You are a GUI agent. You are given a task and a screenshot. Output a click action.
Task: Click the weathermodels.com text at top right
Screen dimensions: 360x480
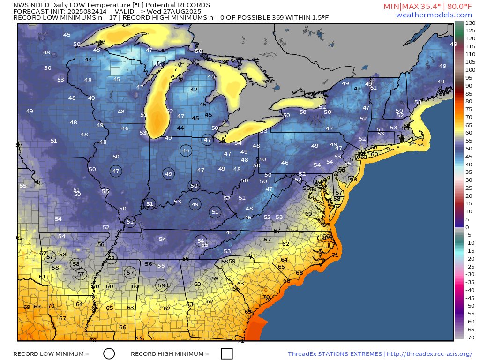coord(434,15)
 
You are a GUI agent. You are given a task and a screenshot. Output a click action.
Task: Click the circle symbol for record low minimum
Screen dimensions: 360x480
coord(109,353)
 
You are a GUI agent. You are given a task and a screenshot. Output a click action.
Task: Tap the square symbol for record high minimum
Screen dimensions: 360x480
coord(227,353)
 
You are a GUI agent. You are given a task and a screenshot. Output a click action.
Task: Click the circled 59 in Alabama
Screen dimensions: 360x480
coord(162,285)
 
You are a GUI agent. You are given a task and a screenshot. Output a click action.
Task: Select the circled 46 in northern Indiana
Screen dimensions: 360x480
coord(186,150)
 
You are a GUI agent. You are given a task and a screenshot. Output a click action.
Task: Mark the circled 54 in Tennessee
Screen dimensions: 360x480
coord(201,240)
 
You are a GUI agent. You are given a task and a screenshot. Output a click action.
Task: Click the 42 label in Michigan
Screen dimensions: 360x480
coord(194,90)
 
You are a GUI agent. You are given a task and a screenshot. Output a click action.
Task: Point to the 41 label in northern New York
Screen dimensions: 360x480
coord(357,89)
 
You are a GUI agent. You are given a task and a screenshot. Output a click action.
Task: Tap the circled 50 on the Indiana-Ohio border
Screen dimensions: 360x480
coord(194,186)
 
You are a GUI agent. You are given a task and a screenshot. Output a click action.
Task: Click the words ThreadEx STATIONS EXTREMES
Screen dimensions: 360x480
coord(335,353)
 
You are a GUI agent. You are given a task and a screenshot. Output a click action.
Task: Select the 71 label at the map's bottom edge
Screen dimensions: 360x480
coord(240,341)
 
